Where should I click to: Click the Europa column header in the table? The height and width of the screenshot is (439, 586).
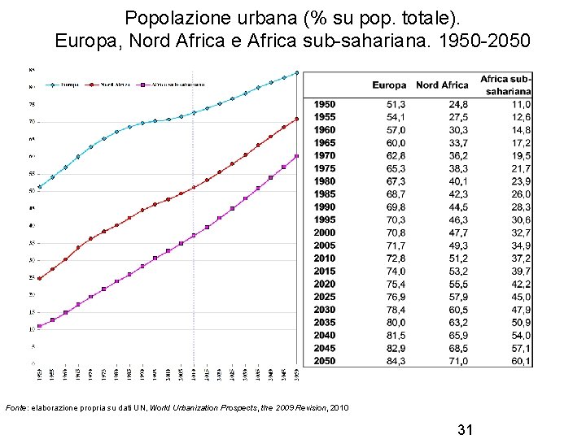[389, 85]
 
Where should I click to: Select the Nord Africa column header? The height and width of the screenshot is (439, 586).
[442, 85]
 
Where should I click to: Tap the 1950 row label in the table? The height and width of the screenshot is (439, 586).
[325, 105]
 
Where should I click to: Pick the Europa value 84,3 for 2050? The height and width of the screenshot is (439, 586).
[396, 361]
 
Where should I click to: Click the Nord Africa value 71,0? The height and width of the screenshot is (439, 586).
[457, 361]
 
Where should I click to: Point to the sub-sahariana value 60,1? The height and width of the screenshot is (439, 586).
[521, 361]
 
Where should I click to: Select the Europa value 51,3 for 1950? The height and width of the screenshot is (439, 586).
[396, 105]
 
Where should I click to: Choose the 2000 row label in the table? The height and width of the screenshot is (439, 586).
[325, 233]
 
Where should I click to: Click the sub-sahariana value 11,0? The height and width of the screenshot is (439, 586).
[521, 105]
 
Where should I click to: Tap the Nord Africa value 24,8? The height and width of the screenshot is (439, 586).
[457, 105]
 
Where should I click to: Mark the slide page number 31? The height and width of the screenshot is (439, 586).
[466, 428]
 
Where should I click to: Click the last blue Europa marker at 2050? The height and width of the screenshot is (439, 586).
[297, 72]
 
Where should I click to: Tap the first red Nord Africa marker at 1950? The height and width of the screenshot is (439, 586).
[39, 278]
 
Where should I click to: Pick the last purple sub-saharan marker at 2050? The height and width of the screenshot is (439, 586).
[297, 156]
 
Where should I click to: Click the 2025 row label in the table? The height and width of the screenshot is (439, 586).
[325, 297]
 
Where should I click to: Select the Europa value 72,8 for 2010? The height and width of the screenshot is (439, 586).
[396, 259]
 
